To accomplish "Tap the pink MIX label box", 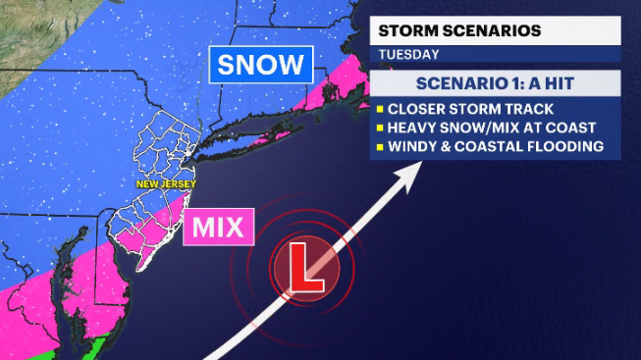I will (219, 227).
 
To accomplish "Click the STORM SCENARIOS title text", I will (460, 30).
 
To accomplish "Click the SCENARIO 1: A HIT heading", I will (494, 83).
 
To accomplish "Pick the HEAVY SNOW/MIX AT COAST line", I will (487, 128).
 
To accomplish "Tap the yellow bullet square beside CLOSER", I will (377, 108).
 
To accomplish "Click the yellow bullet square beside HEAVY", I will (377, 128).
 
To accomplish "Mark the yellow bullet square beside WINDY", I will (377, 147).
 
